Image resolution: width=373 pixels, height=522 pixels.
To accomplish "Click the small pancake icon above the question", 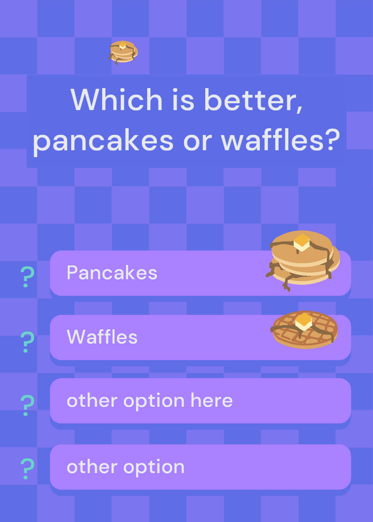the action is tap(123, 52).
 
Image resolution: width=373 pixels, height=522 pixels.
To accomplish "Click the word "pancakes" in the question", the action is tap(103, 142).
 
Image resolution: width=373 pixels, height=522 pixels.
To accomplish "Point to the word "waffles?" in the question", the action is tap(280, 140).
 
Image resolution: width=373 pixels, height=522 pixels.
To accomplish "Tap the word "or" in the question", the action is tap(197, 142).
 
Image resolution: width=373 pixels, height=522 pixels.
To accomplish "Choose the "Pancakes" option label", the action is tap(112, 273).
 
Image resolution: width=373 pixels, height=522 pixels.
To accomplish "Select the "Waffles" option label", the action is tap(102, 337).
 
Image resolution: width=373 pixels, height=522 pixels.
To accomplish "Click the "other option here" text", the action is tap(150, 401).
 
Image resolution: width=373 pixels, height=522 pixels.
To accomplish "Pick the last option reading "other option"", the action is tap(125, 467).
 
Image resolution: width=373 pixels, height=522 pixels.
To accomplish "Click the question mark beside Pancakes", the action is tap(27, 277).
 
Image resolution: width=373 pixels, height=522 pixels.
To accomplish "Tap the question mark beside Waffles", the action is tap(27, 342).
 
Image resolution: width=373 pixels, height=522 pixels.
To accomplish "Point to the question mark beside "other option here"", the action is tap(27, 405).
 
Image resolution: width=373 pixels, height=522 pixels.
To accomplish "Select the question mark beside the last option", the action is tap(27, 468).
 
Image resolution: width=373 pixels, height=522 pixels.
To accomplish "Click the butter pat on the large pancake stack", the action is tap(302, 242).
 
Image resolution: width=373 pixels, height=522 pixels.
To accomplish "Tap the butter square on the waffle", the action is tap(304, 321).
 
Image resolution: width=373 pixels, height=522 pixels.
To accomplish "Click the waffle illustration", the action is tap(304, 330).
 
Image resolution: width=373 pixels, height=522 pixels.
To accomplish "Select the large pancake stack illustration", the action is tap(302, 260).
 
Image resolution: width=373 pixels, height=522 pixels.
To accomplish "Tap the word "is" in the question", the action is tap(183, 100).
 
